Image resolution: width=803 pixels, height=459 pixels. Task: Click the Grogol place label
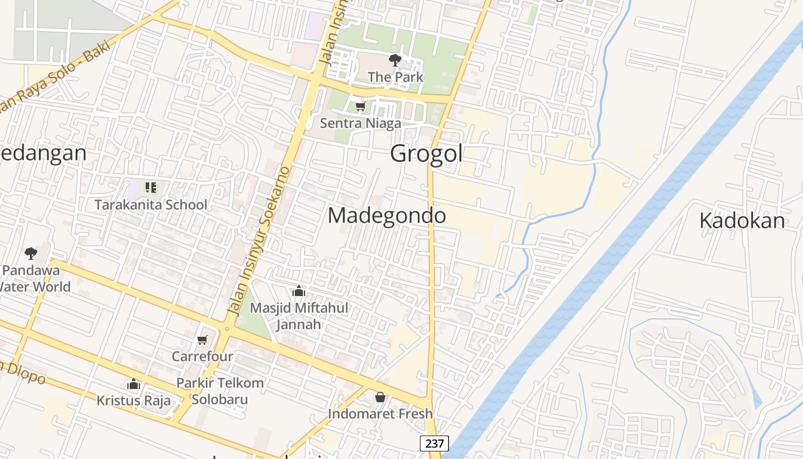pos(426,154)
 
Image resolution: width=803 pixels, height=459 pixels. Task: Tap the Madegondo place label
pos(387,216)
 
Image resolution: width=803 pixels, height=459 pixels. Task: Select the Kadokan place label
pos(742,221)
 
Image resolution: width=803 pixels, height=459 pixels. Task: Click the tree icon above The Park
pos(395,60)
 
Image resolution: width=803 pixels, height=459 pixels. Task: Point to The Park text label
pos(395,77)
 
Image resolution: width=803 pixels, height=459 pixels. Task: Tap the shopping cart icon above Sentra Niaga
pos(360,106)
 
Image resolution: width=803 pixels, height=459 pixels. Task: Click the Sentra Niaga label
pos(360,123)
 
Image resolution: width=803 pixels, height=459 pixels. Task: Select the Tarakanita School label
pos(151,205)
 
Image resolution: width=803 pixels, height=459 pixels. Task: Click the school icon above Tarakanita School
pos(150,187)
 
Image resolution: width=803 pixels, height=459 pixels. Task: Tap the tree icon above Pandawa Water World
pos(31,253)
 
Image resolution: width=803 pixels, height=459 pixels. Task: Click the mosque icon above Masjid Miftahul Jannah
pos(298,291)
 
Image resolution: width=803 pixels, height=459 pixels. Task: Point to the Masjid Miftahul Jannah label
pos(299,316)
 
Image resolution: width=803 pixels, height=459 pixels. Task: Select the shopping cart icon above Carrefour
pos(202,340)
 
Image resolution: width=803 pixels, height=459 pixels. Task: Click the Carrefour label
pos(202,356)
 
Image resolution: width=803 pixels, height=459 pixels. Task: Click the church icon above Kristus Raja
pos(134,384)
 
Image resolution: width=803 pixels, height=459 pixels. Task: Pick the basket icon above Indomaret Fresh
pos(380,397)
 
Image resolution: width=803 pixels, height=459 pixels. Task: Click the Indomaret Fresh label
pos(380,414)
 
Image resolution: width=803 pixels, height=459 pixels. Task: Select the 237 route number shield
pos(434,444)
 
